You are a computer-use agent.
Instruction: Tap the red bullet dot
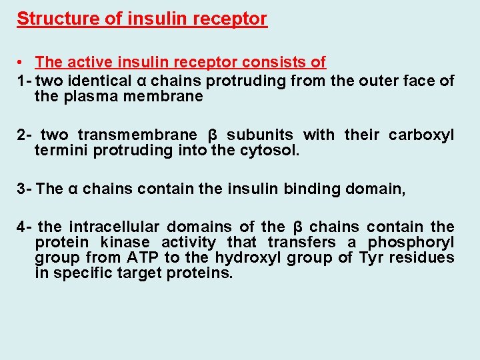(21, 63)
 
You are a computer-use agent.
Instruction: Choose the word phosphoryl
(411, 243)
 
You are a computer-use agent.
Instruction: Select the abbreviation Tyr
(371, 257)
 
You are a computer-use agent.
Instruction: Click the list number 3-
(25, 189)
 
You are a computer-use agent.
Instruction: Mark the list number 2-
(25, 135)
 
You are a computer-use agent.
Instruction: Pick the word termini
(61, 151)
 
